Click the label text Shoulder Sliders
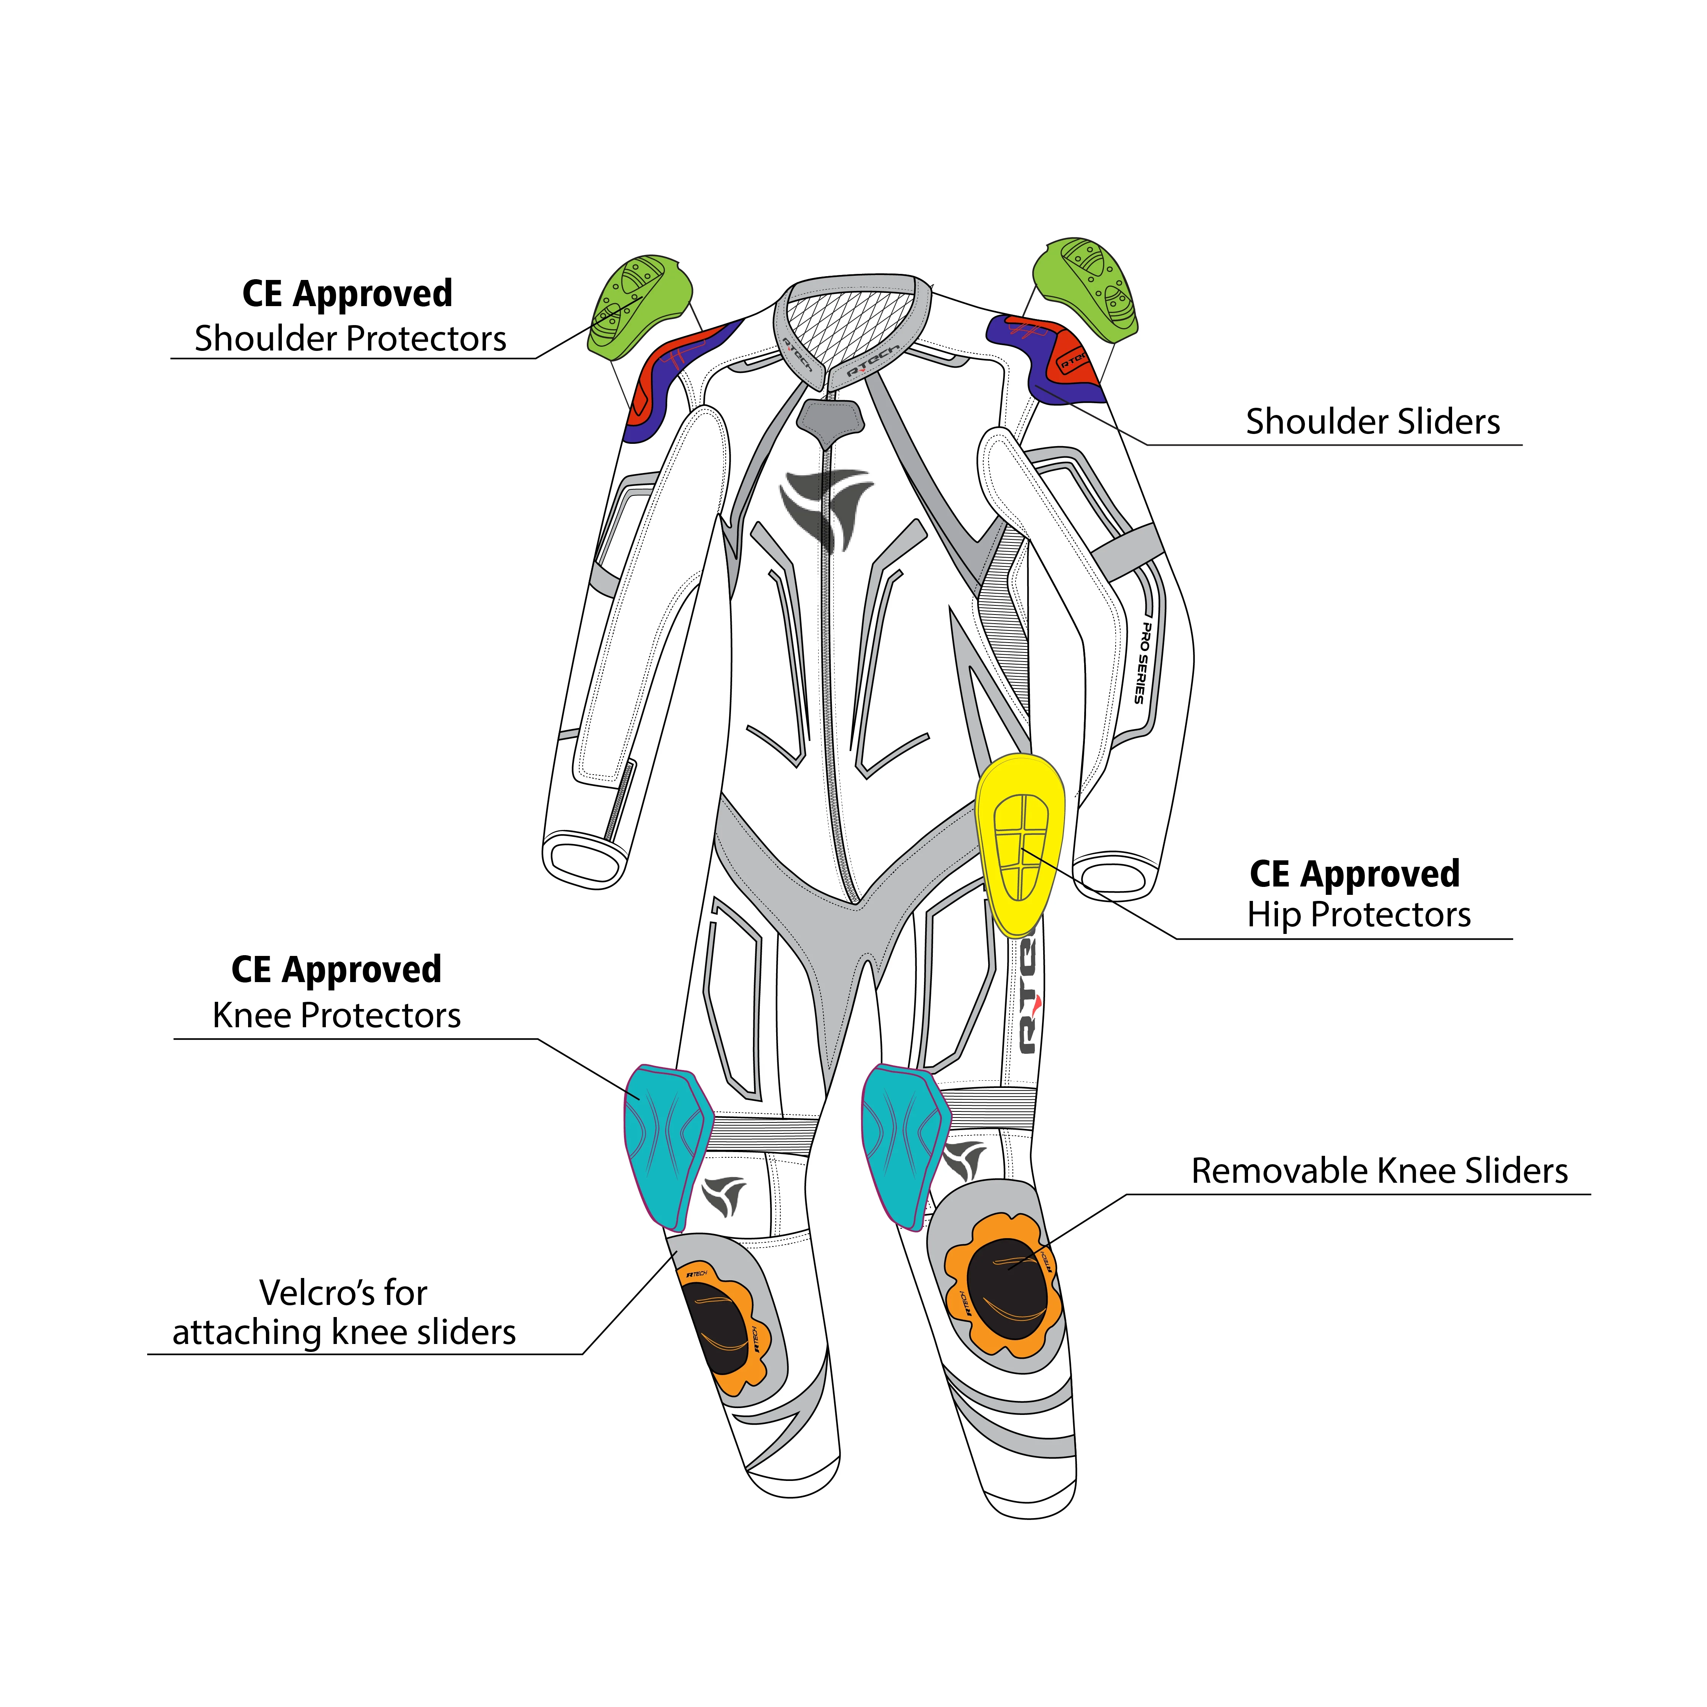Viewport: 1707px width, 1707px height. click(1372, 422)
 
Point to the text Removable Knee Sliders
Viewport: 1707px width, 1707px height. click(1378, 1172)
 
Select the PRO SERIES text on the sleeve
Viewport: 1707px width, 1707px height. click(1143, 663)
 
